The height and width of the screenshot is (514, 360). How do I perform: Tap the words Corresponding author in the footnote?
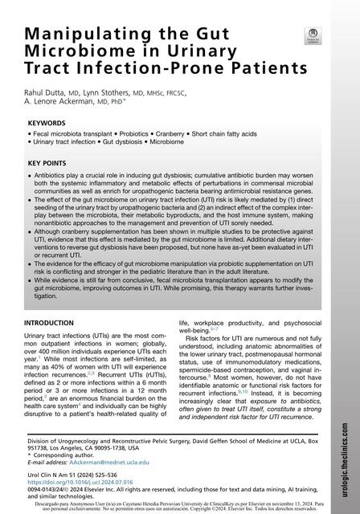(x=63, y=454)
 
